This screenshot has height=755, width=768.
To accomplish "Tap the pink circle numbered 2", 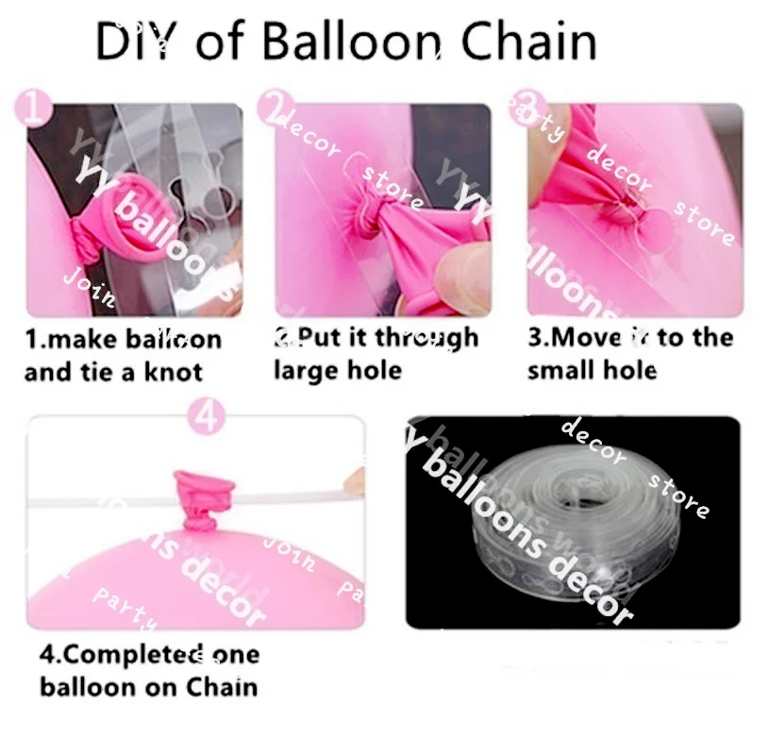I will point(273,109).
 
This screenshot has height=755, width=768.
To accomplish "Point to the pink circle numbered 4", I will point(208,416).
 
